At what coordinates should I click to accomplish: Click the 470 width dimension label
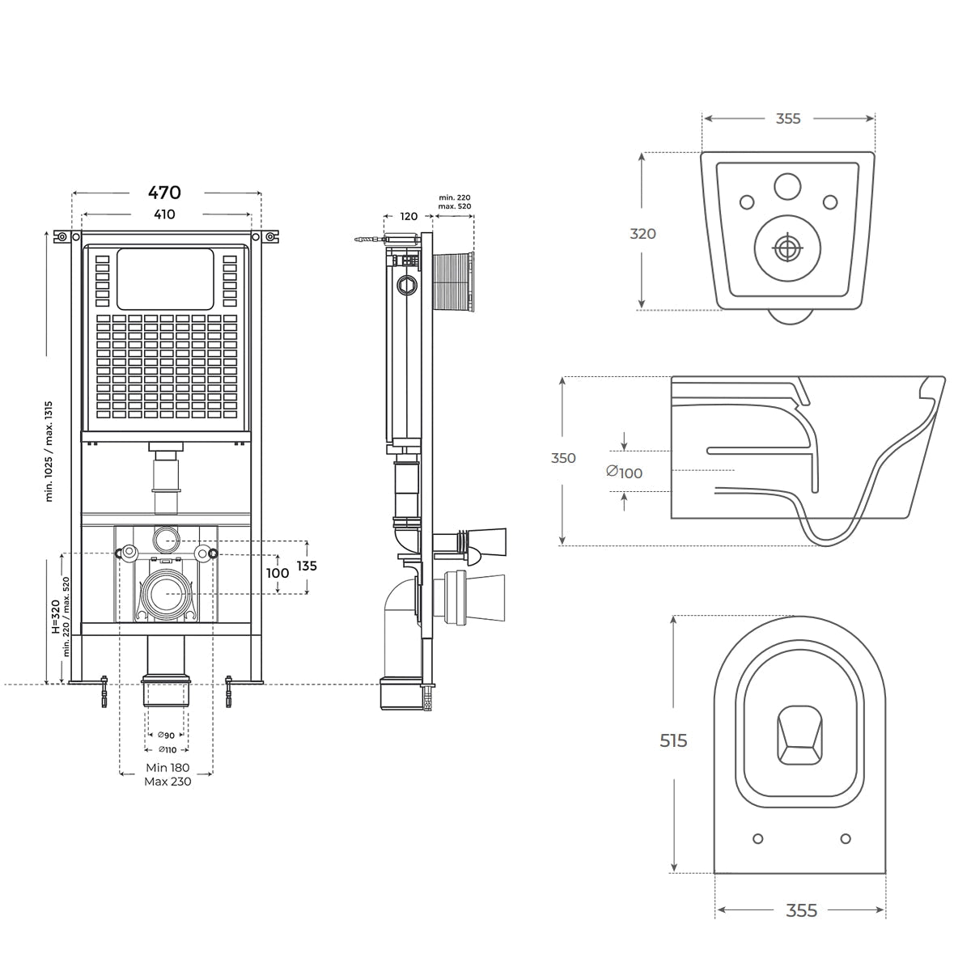[x=164, y=193]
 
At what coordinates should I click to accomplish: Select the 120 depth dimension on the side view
[x=409, y=216]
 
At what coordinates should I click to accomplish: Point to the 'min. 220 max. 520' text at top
[x=455, y=202]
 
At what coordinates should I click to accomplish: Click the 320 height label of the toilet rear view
[x=643, y=234]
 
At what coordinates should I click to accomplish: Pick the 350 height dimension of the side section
[x=563, y=458]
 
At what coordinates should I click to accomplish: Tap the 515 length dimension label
[x=673, y=740]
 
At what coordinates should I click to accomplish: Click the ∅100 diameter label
[x=625, y=473]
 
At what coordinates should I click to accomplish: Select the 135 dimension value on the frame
[x=307, y=566]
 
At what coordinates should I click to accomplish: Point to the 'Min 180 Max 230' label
[x=167, y=774]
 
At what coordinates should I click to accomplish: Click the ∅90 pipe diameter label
[x=166, y=735]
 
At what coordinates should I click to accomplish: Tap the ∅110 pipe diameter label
[x=166, y=749]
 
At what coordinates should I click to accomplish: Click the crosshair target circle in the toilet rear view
[x=786, y=248]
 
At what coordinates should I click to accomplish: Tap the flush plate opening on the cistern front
[x=165, y=278]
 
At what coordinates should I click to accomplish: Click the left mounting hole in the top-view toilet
[x=758, y=838]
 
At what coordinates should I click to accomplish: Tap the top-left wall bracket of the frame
[x=61, y=236]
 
